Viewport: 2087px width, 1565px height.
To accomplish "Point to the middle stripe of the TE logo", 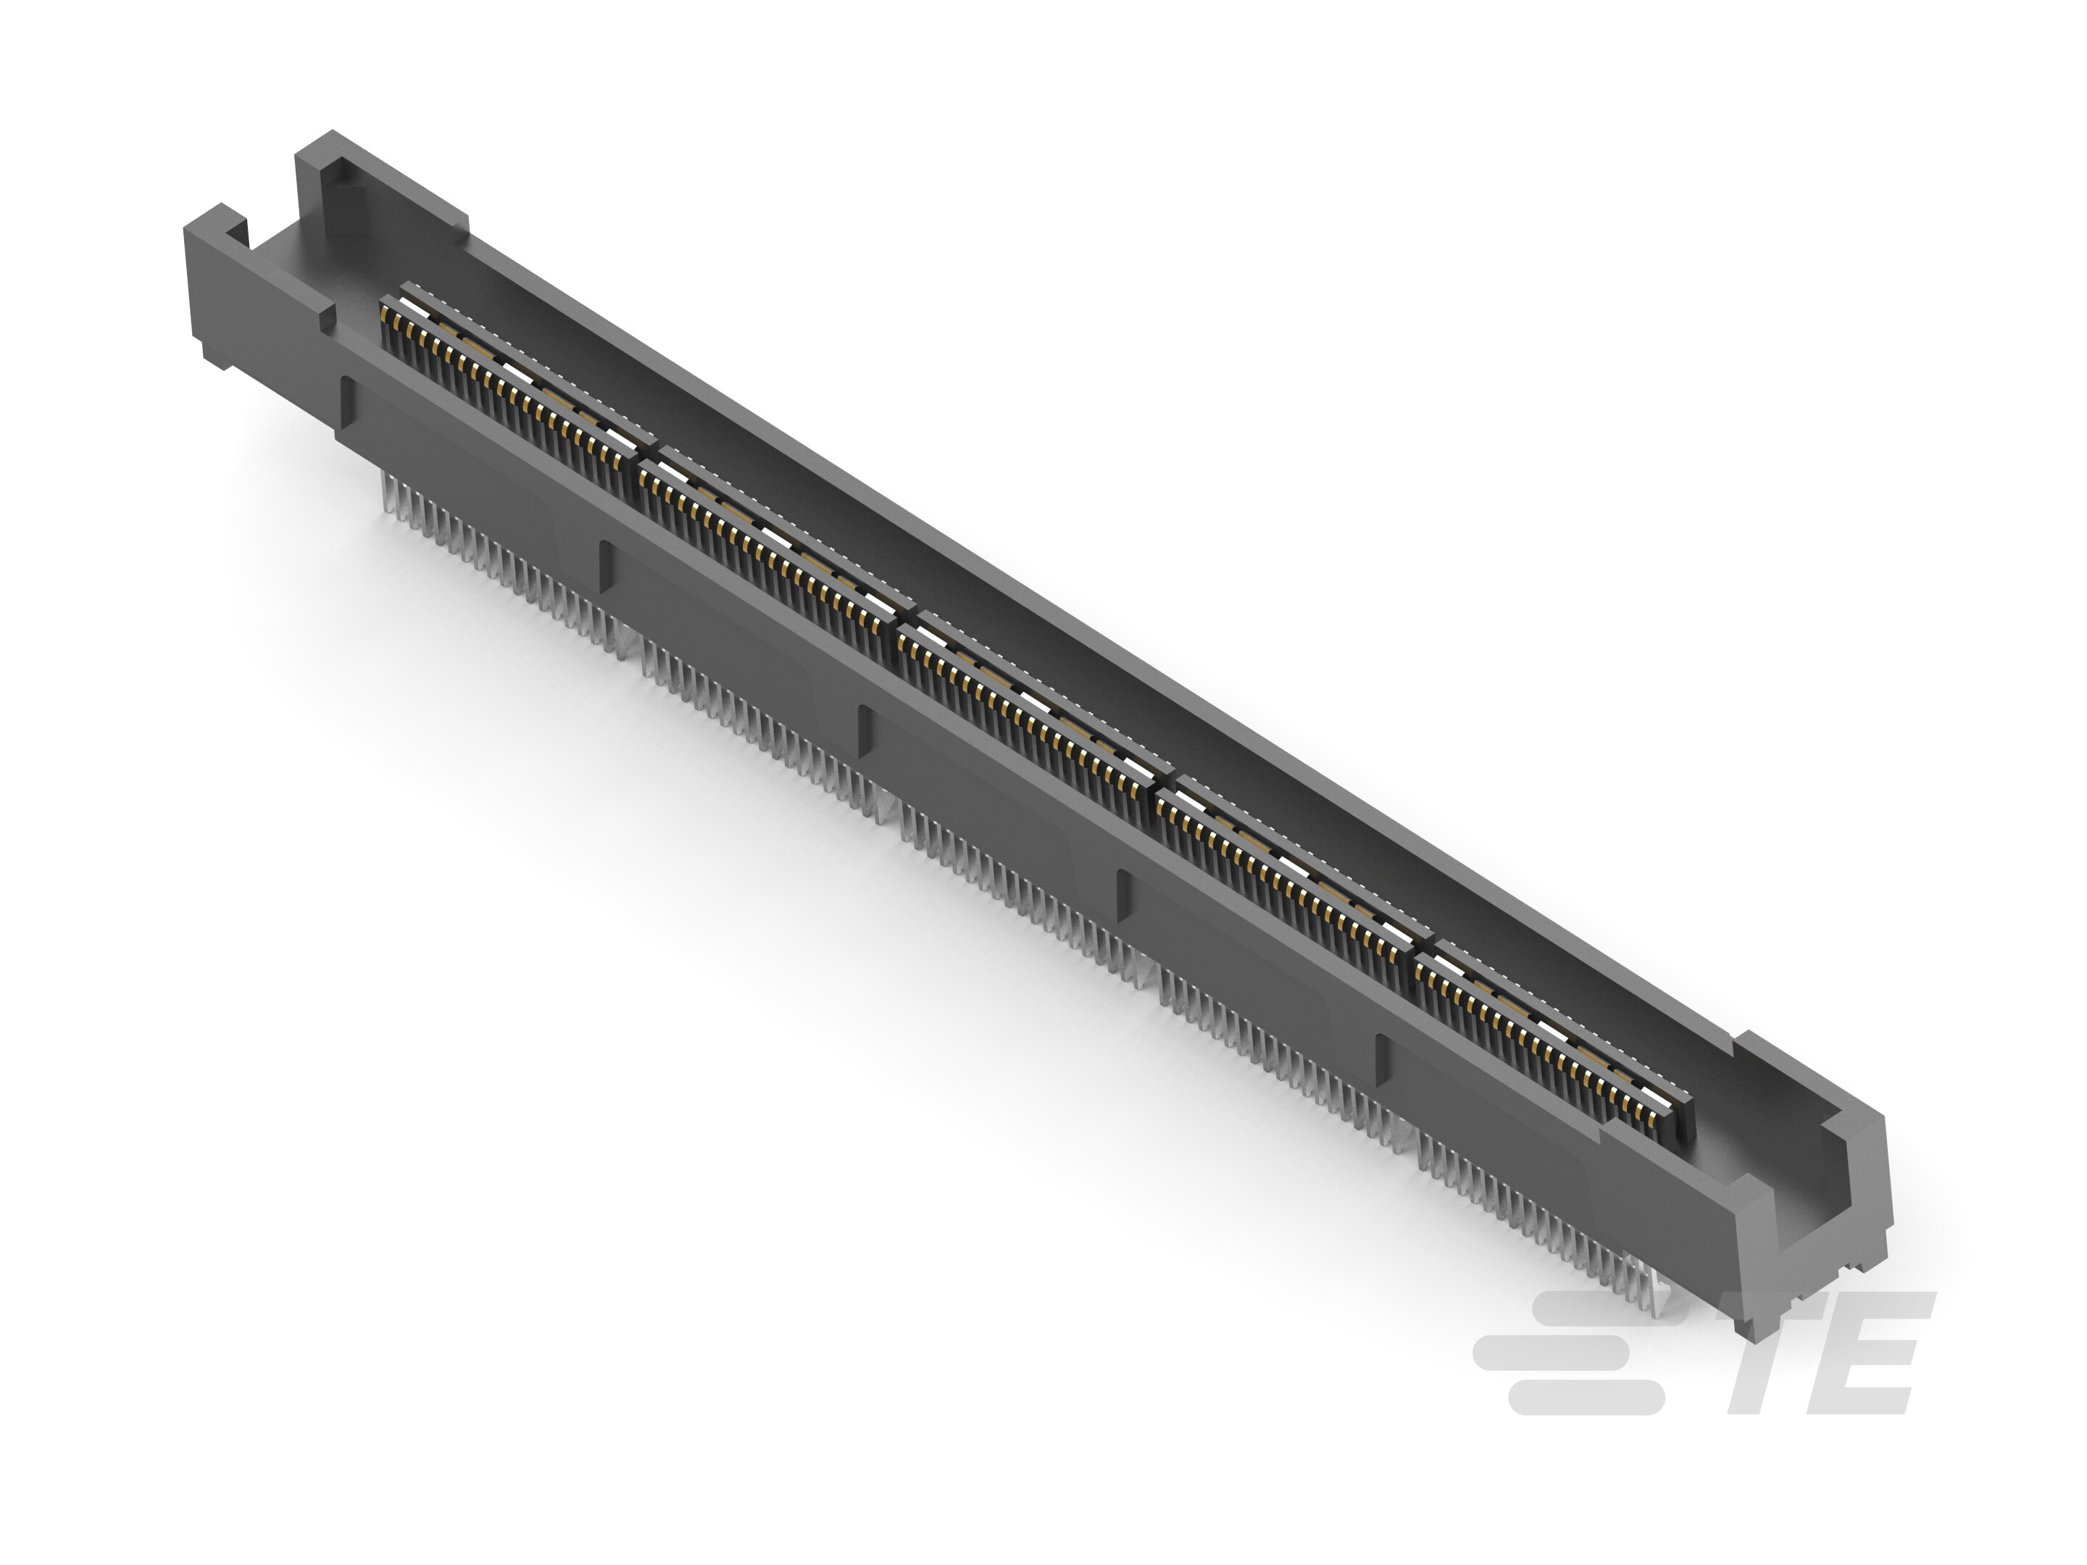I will pos(1557,1351).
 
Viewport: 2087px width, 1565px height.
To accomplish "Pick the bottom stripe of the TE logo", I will pos(1585,1397).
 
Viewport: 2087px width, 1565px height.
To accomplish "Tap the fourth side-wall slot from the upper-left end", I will pos(1122,896).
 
